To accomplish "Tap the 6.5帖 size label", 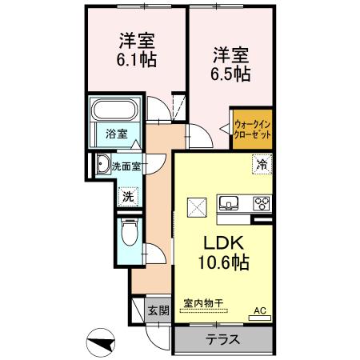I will (x=230, y=74).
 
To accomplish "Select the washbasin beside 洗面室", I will (x=102, y=166).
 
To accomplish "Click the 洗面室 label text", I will (x=126, y=166).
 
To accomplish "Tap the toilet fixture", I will (x=129, y=234).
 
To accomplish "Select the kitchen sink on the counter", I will (x=228, y=201).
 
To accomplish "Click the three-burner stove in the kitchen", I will (x=261, y=201).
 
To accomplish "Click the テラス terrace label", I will (x=223, y=338).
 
